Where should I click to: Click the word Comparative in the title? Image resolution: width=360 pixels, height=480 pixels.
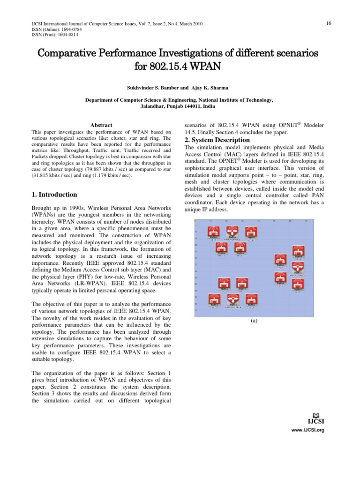coord(71,53)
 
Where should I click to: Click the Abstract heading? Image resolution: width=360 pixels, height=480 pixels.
coord(101,125)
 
